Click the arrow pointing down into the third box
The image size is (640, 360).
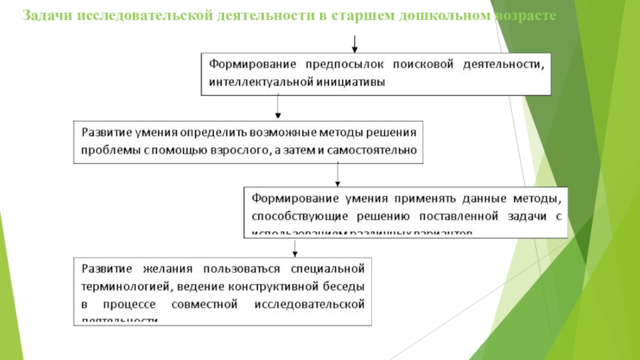338,174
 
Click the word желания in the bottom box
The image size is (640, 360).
163,268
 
